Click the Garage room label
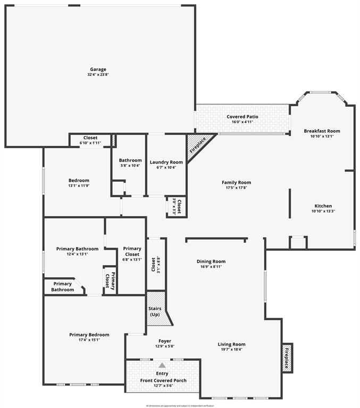[x=98, y=69]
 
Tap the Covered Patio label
[x=242, y=116]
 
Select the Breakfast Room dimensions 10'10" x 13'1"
[x=322, y=136]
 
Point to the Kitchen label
[x=323, y=206]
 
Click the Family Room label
[x=236, y=182]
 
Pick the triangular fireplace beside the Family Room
[x=197, y=143]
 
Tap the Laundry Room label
[x=166, y=162]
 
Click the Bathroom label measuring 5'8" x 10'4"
[x=130, y=160]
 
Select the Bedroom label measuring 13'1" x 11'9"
[x=79, y=181]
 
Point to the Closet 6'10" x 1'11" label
[x=90, y=138]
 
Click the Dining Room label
[x=211, y=261]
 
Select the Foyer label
[x=165, y=341]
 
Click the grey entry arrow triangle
[x=162, y=365]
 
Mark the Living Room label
[x=231, y=344]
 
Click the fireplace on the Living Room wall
[x=287, y=358]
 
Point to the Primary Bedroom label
[x=89, y=335]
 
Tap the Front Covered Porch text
[x=162, y=381]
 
